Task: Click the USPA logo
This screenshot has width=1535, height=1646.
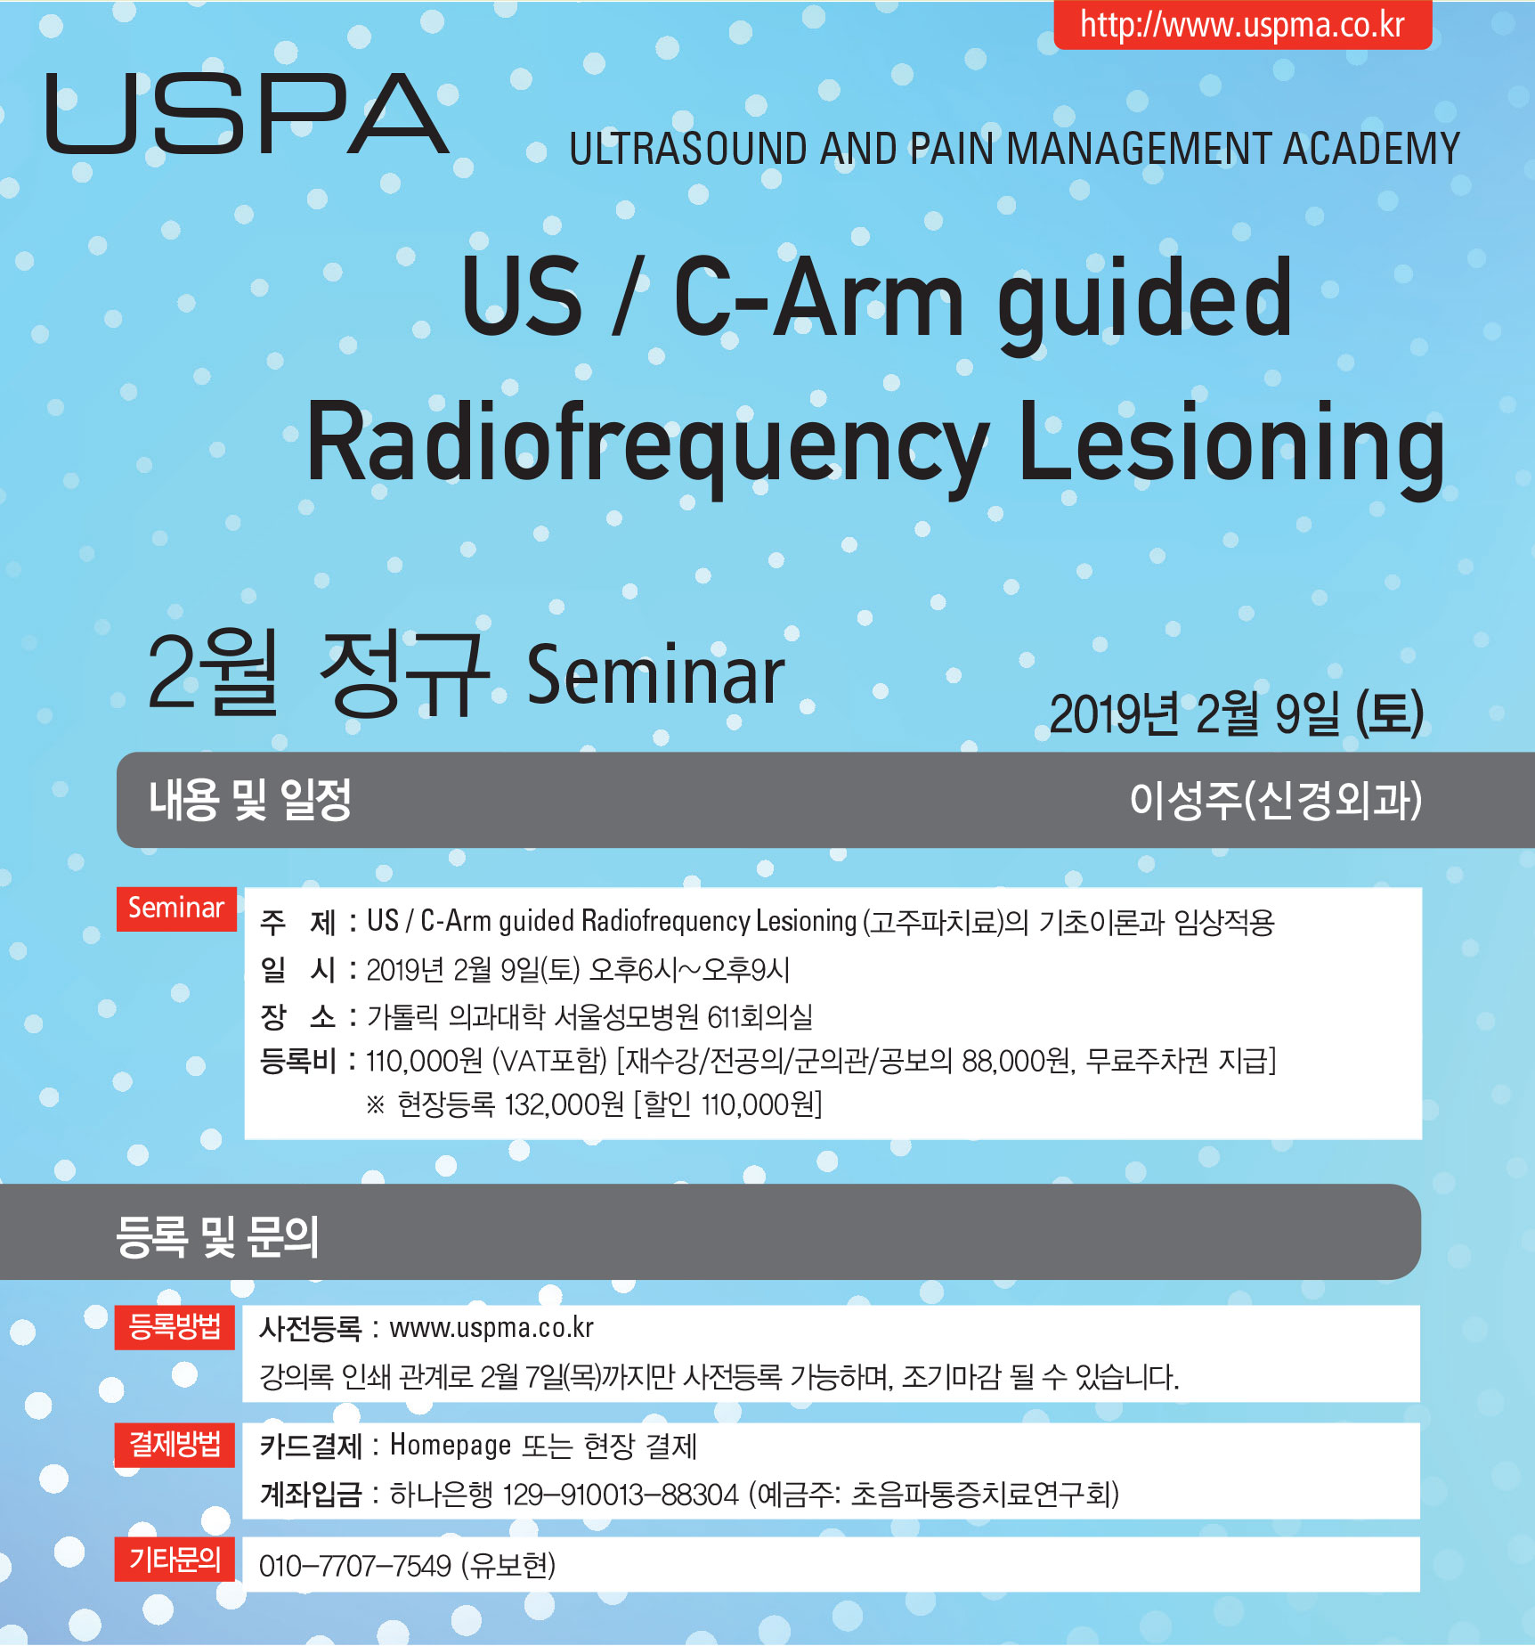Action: pos(247,113)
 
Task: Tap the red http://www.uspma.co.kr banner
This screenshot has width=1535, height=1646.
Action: pos(1243,24)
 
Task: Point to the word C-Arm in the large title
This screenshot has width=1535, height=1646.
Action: pos(819,297)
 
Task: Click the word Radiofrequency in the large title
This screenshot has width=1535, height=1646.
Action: pos(647,444)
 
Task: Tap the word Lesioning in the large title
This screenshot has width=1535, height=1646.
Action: pos(1231,443)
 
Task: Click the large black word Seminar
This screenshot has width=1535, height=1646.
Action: pos(656,676)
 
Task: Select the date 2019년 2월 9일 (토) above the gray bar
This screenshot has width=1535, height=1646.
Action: pos(1237,714)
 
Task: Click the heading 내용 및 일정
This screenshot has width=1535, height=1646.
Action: pos(250,799)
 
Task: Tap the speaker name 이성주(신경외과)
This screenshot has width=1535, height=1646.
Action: pos(1276,799)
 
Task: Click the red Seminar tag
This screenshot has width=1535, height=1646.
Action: pos(176,909)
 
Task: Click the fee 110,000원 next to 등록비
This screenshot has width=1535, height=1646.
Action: pos(424,1061)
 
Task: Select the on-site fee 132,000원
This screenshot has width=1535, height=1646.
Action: pos(564,1105)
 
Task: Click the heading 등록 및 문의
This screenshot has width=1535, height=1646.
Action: pos(217,1236)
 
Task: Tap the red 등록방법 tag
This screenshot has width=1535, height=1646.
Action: pos(175,1327)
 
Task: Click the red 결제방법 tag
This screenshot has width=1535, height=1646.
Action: pos(175,1445)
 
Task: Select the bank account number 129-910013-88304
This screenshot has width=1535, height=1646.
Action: pos(621,1494)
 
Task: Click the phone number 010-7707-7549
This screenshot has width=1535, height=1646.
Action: pos(356,1565)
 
